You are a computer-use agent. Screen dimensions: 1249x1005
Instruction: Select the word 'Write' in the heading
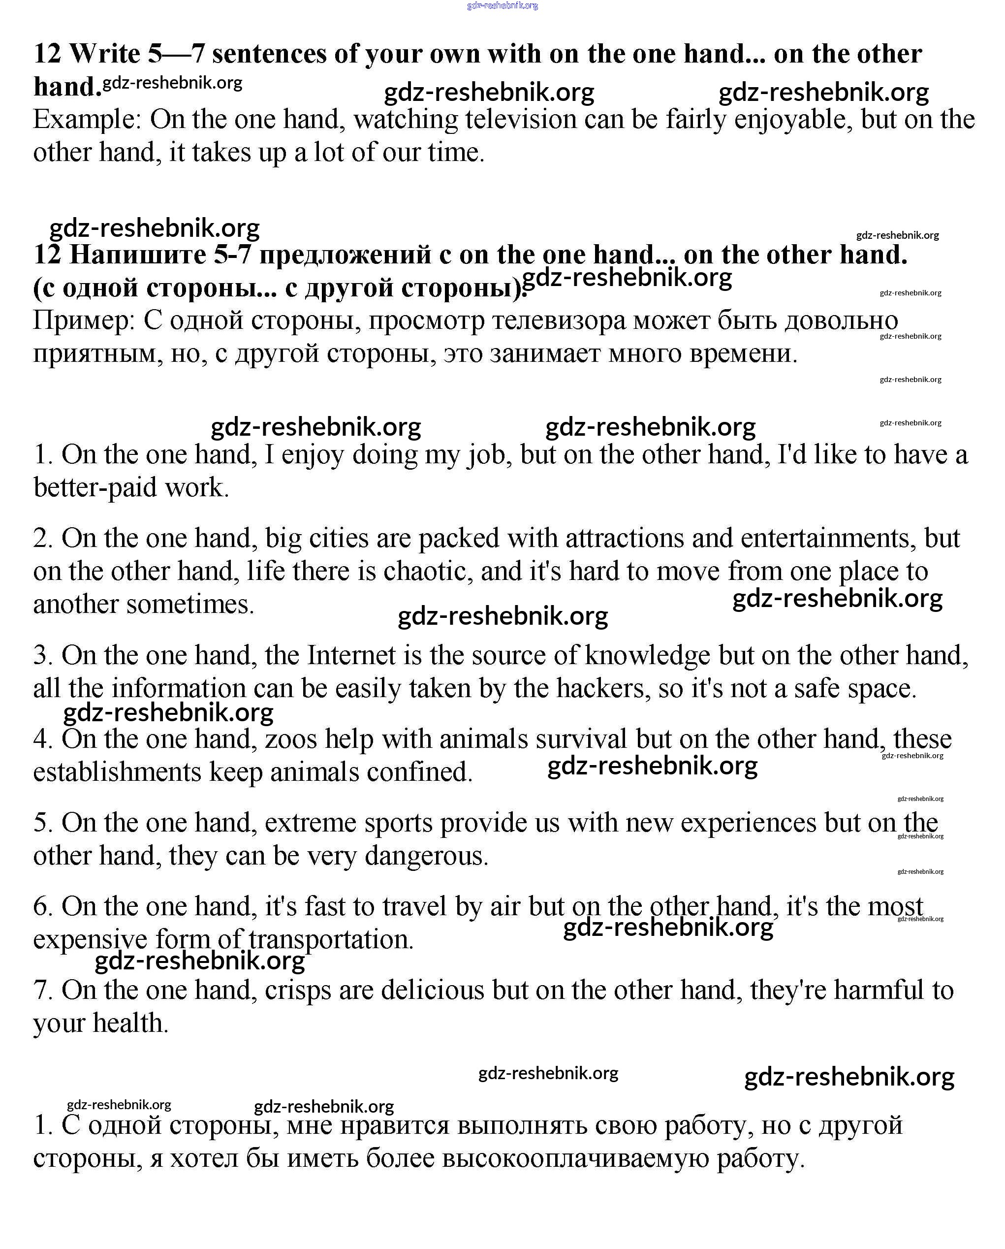coord(105,54)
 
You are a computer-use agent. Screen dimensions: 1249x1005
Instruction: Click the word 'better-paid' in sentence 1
coord(95,487)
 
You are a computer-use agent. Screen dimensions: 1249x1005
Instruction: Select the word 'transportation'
coord(331,939)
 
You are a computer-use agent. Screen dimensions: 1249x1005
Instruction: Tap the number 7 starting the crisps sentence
coord(42,990)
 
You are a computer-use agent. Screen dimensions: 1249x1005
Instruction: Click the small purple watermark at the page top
coord(502,6)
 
